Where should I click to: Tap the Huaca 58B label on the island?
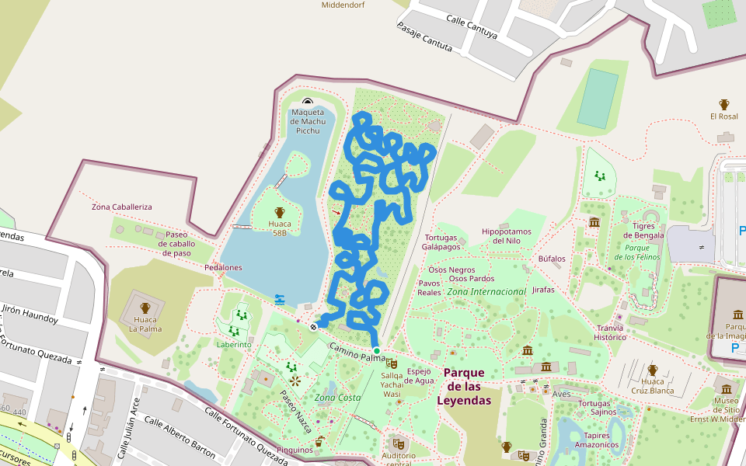pyautogui.click(x=280, y=228)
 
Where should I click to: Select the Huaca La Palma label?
pyautogui.click(x=145, y=324)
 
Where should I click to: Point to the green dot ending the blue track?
pyautogui.click(x=377, y=351)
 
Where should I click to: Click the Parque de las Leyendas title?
pyautogui.click(x=464, y=387)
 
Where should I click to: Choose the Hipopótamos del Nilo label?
pyautogui.click(x=506, y=236)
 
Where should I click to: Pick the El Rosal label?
pyautogui.click(x=723, y=116)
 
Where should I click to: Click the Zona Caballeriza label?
pyautogui.click(x=122, y=207)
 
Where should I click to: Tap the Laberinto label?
pyautogui.click(x=234, y=344)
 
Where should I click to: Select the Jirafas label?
pyautogui.click(x=544, y=290)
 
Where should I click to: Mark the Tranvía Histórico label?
pyautogui.click(x=610, y=332)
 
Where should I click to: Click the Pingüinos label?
pyautogui.click(x=294, y=450)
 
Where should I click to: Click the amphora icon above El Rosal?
pyautogui.click(x=724, y=104)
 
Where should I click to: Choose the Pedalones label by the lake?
pyautogui.click(x=224, y=267)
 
